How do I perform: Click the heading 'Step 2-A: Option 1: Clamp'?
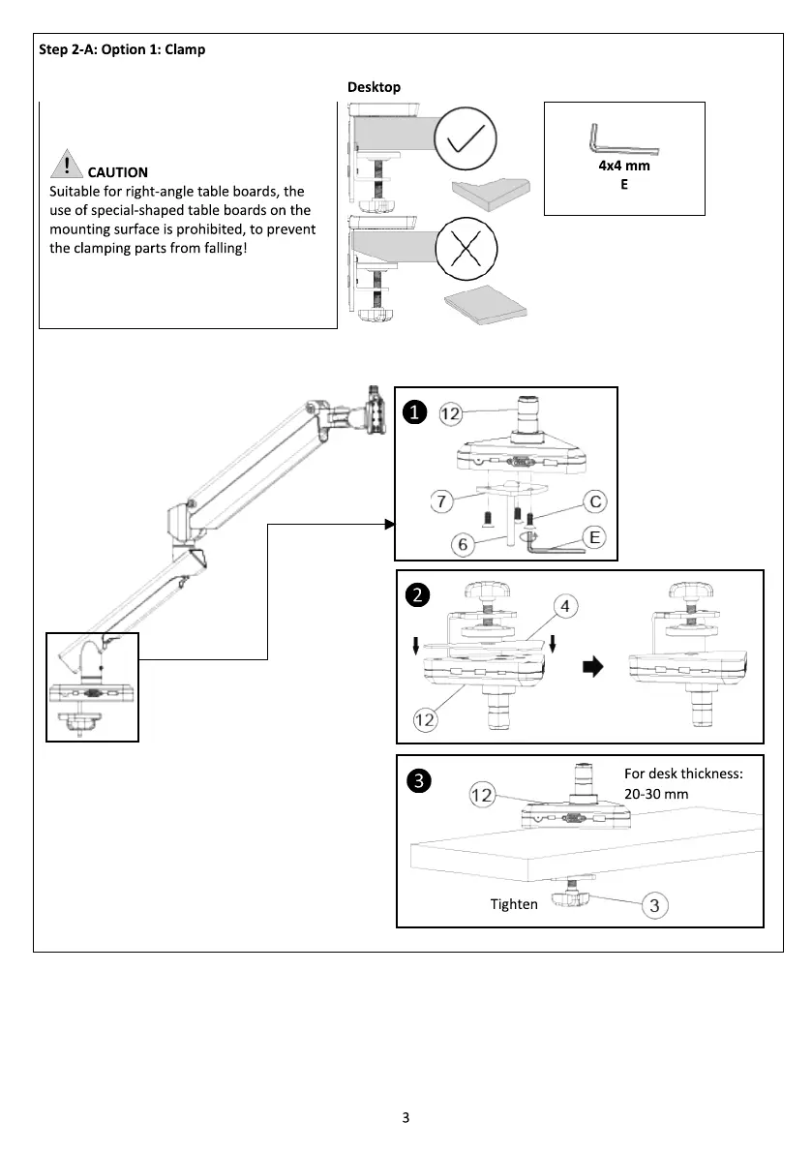coord(121,49)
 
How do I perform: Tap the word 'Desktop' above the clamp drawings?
coord(374,87)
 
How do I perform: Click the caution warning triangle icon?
coord(66,165)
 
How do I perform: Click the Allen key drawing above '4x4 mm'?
coord(622,141)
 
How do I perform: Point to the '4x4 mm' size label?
coord(624,166)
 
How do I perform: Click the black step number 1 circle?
coord(414,413)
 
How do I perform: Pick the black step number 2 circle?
coord(417,596)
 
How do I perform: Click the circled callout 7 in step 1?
coord(443,501)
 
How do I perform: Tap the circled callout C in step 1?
coord(596,501)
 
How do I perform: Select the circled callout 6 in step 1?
coord(463,545)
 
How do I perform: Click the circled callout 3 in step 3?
coord(655,906)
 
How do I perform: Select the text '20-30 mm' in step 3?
coord(657,793)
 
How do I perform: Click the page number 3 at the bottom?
coord(406,1118)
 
